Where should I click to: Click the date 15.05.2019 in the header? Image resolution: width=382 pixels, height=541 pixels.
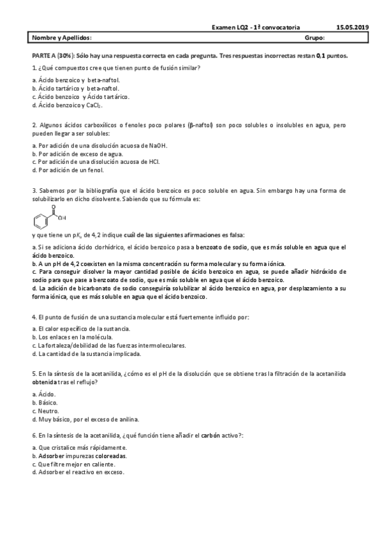point(352,27)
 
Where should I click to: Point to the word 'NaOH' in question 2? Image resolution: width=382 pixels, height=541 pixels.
point(158,145)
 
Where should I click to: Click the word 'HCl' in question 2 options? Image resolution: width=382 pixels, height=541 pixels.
point(154,162)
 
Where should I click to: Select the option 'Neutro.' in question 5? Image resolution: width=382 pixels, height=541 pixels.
point(47,411)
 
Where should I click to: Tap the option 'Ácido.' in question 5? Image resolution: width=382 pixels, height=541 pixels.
point(46,394)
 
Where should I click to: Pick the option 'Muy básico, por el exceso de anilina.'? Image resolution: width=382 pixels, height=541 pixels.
point(85,419)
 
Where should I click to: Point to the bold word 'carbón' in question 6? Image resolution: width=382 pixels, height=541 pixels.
point(210,434)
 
